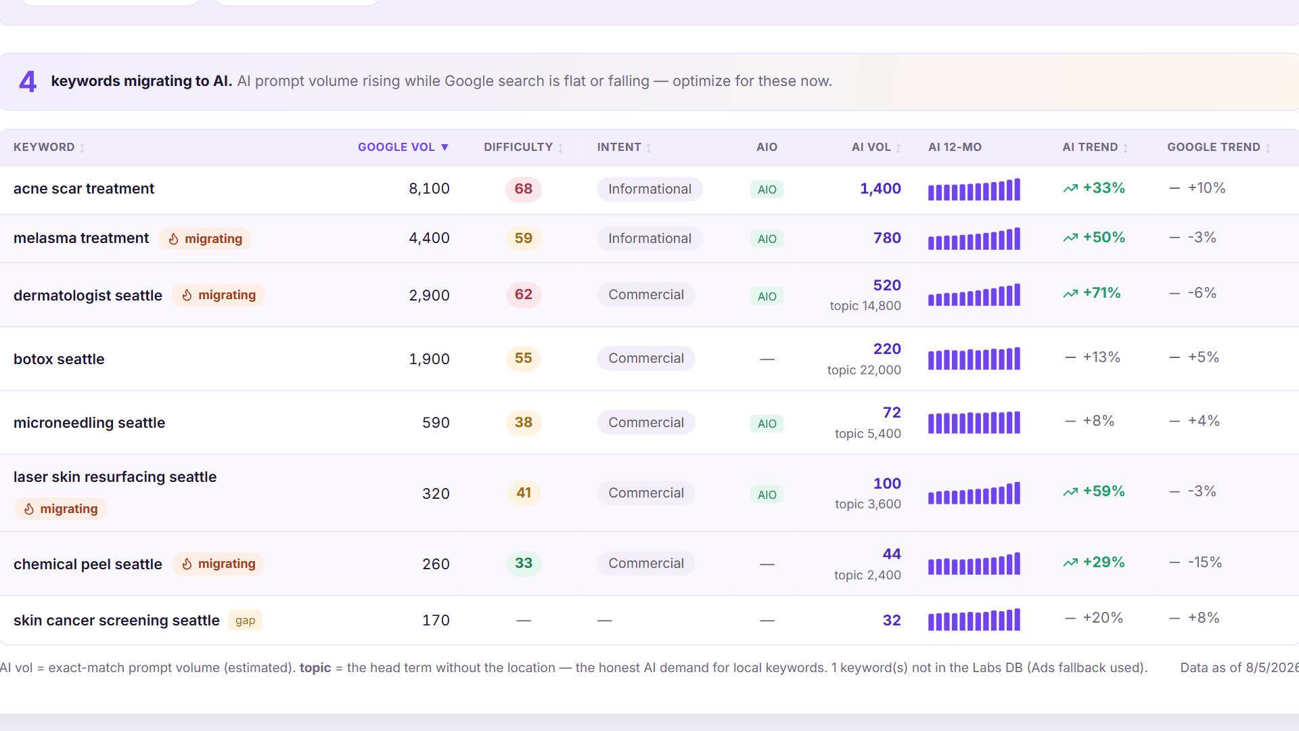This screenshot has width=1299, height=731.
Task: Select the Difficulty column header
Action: click(523, 147)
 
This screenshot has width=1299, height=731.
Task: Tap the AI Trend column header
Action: click(1095, 147)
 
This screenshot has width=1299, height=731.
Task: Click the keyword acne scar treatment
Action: click(84, 189)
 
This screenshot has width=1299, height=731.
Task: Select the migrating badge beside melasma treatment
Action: click(205, 239)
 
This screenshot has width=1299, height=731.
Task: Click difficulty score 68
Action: click(524, 189)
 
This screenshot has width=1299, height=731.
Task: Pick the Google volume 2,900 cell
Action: click(429, 295)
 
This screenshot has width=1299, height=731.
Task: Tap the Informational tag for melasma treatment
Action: click(649, 238)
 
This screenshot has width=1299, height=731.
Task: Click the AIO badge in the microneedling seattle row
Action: click(767, 424)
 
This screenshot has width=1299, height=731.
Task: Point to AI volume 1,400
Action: click(880, 189)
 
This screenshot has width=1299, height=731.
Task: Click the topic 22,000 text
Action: click(864, 370)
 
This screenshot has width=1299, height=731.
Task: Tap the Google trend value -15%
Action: click(1204, 562)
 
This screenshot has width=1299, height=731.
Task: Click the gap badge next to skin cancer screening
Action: click(245, 621)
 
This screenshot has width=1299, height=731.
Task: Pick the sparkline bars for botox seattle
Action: click(974, 359)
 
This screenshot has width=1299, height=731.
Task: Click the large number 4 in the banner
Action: click(28, 82)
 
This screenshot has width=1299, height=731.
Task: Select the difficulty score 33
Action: click(524, 563)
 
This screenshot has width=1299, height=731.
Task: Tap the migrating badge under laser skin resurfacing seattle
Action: click(60, 509)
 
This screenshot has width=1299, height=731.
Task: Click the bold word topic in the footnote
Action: click(315, 668)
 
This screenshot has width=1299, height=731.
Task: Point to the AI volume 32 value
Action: click(892, 621)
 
